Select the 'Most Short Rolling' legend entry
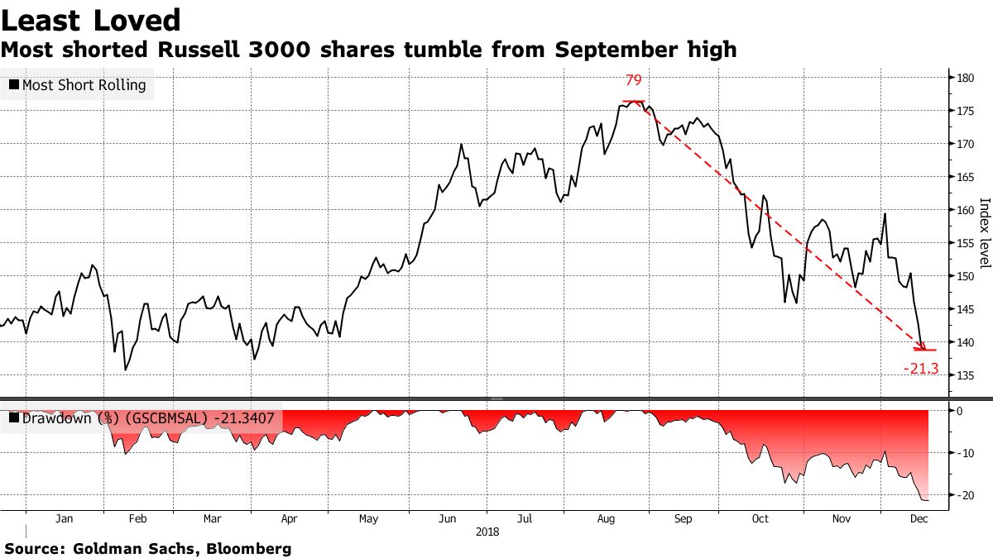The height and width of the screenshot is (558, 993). point(78,85)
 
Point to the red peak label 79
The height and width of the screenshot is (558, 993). point(633,80)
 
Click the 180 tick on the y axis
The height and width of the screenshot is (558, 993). point(963,78)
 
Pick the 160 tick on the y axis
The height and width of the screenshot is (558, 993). point(963,209)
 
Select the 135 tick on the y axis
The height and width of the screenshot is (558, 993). point(963,374)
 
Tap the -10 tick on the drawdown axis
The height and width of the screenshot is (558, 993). point(963,453)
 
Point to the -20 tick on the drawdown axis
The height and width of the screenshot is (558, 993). point(963,494)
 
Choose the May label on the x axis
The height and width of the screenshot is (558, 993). point(368,519)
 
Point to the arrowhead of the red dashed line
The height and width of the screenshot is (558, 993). point(923,346)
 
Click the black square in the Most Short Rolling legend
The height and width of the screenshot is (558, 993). point(14,85)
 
